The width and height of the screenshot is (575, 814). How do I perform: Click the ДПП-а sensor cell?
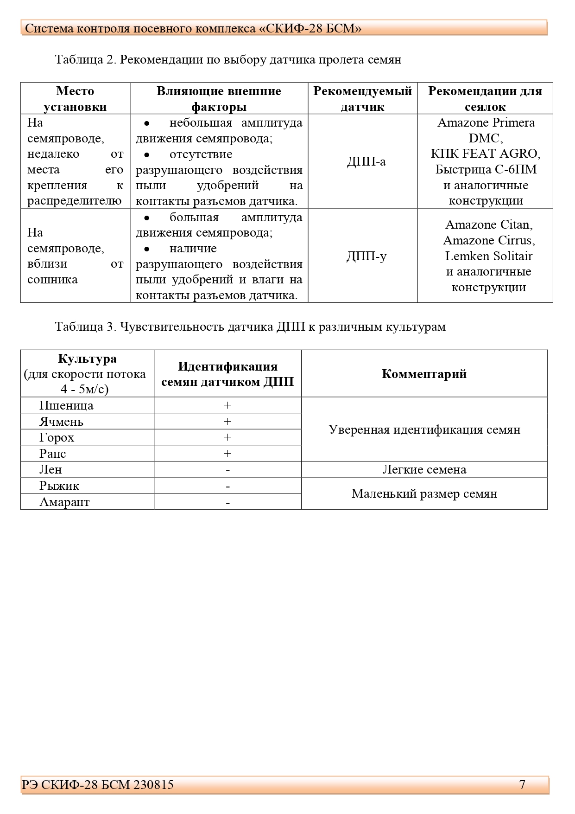366,161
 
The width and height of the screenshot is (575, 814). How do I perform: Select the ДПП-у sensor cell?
366,256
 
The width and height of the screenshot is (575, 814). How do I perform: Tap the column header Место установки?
75,99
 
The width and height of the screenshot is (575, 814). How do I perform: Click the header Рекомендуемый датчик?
362,99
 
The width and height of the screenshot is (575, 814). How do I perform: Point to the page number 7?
522,784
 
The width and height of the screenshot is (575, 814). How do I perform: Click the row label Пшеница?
66,405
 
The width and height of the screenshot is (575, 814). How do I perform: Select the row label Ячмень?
61,422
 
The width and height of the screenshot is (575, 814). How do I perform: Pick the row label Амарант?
64,502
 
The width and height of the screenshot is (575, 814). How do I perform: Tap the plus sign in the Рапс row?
227,454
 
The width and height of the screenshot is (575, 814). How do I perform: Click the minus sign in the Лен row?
228,470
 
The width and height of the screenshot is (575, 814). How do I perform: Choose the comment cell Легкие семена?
424,469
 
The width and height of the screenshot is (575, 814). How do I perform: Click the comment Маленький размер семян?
424,494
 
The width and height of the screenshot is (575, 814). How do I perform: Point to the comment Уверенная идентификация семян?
424,429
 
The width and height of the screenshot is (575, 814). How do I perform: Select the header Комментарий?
424,374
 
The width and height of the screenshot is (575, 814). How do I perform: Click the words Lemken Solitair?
488,256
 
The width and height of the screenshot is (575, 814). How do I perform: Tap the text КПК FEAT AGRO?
486,154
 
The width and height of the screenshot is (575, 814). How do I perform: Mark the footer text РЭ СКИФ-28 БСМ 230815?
98,784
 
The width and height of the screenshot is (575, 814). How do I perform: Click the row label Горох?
57,437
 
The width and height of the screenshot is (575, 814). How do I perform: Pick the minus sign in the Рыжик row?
228,486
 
